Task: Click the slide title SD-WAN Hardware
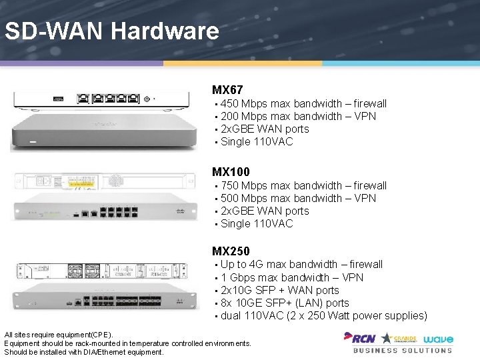click(x=111, y=31)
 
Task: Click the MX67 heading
click(x=227, y=89)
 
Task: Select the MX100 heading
click(x=231, y=172)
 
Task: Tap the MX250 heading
click(x=231, y=251)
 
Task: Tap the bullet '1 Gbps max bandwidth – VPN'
click(x=292, y=277)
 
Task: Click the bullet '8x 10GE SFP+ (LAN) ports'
click(x=285, y=303)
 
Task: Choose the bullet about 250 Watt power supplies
click(x=323, y=315)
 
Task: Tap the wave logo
click(x=437, y=338)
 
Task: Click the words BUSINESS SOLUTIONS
click(x=402, y=350)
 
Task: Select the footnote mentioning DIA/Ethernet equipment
click(x=84, y=352)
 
